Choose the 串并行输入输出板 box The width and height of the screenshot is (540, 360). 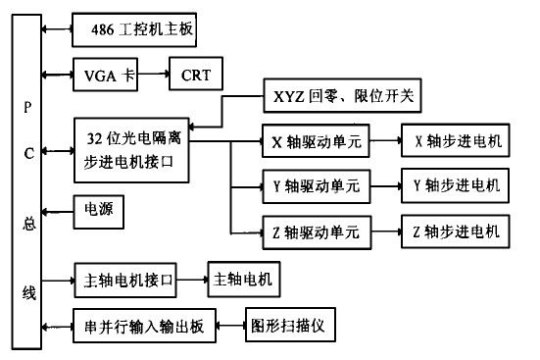click(143, 327)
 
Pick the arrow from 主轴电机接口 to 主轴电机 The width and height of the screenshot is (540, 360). click(194, 281)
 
